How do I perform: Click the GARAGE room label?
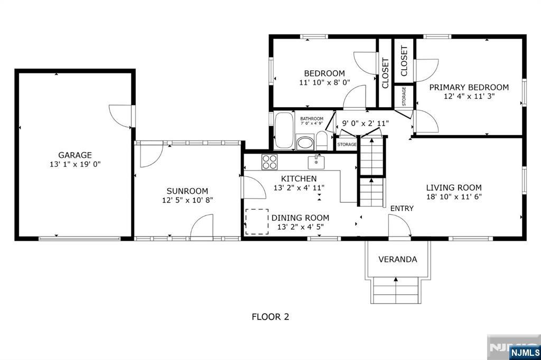pyautogui.click(x=75, y=155)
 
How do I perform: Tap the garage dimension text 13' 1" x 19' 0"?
pyautogui.click(x=75, y=164)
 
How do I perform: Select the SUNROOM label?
pyautogui.click(x=188, y=191)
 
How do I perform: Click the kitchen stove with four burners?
pyautogui.click(x=269, y=162)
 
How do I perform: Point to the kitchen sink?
pyautogui.click(x=316, y=162)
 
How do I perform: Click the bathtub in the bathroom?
pyautogui.click(x=284, y=130)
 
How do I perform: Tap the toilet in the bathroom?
pyautogui.click(x=322, y=141)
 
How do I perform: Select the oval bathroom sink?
pyautogui.click(x=305, y=143)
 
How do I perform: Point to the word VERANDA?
pyautogui.click(x=397, y=259)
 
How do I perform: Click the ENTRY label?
pyautogui.click(x=402, y=209)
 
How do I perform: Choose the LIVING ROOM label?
pyautogui.click(x=454, y=187)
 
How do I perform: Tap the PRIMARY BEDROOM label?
pyautogui.click(x=469, y=87)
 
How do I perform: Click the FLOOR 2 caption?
pyautogui.click(x=270, y=317)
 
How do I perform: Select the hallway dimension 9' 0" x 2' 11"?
pyautogui.click(x=366, y=123)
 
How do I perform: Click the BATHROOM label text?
pyautogui.click(x=312, y=119)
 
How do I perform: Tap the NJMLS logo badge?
pyautogui.click(x=525, y=352)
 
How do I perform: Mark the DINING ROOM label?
pyautogui.click(x=300, y=218)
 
